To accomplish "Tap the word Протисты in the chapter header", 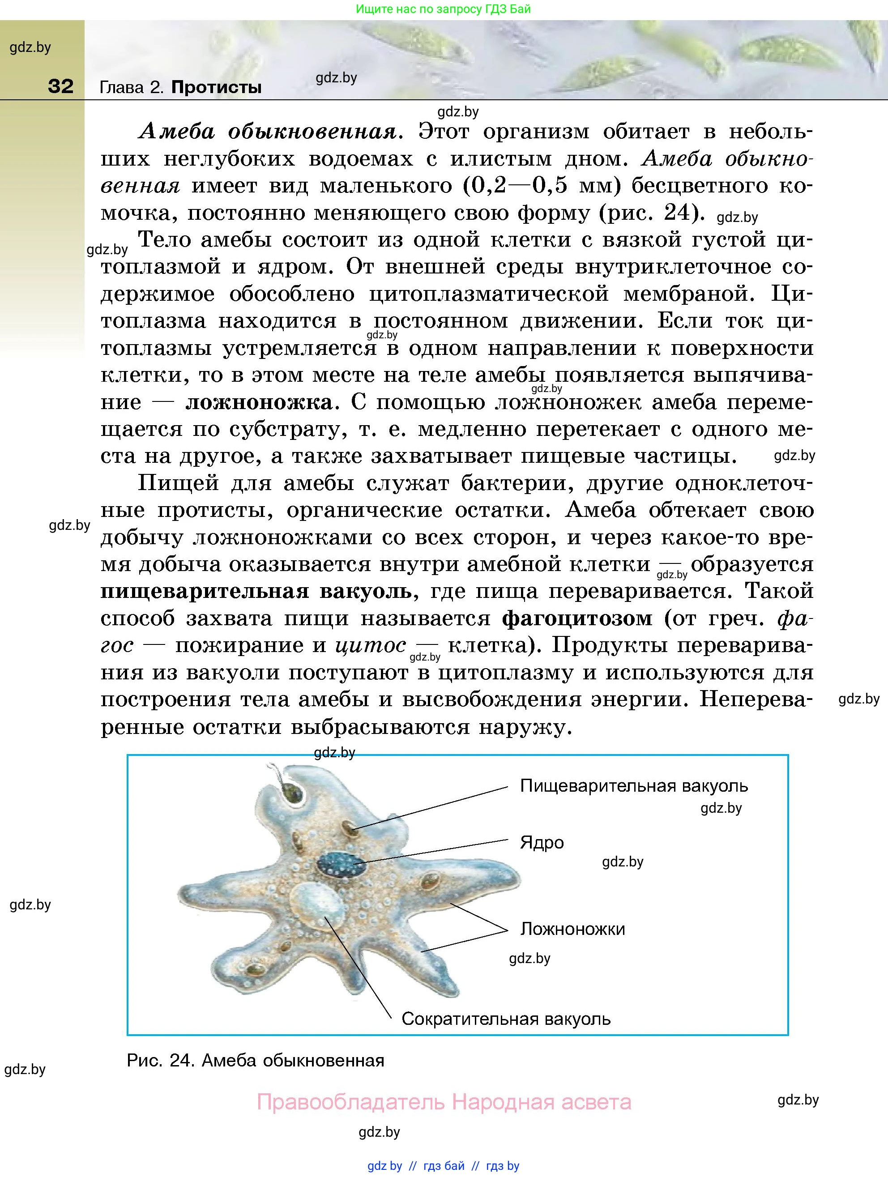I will coord(216,87).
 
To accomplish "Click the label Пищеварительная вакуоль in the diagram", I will coord(634,786).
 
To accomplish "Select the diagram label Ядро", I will coord(542,843).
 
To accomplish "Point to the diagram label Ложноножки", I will coord(572,929).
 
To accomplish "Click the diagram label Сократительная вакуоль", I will coord(506,1019).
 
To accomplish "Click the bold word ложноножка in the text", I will coord(259,402).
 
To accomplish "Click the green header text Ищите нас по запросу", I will coord(414,9).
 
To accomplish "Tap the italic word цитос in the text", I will coord(371,645).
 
